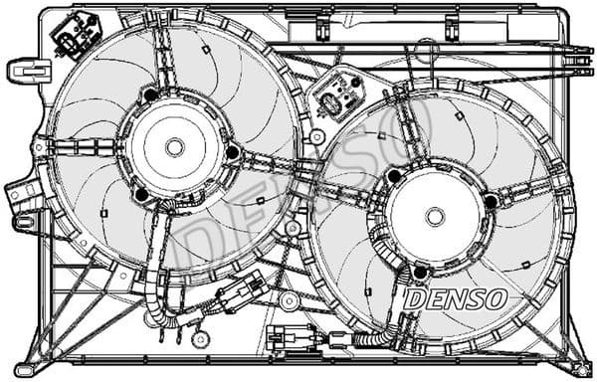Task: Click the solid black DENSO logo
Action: (457, 296)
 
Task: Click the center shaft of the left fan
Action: (175, 146)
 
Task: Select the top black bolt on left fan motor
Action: (150, 95)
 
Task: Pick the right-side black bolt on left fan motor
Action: (233, 151)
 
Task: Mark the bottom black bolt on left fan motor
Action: (142, 193)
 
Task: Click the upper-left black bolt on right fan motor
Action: (395, 176)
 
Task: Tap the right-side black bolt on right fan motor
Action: (490, 202)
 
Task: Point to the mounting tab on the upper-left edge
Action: (27, 71)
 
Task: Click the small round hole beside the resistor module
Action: (316, 136)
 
